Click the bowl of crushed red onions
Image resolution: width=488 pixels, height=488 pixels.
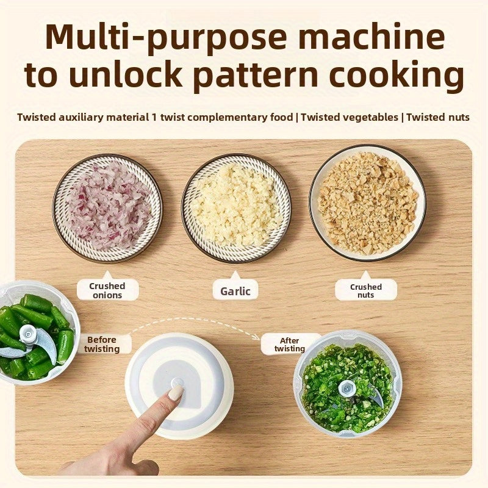(x=107, y=207)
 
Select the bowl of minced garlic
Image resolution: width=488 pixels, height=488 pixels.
(x=236, y=207)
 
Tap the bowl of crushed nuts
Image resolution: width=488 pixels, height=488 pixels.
(x=367, y=203)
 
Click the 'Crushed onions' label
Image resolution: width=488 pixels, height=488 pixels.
(x=107, y=290)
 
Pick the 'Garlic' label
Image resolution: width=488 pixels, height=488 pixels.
(x=235, y=291)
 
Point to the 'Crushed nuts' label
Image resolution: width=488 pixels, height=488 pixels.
(x=366, y=291)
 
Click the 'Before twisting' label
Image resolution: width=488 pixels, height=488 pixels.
(x=102, y=344)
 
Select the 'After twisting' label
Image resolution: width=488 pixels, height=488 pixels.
(x=290, y=345)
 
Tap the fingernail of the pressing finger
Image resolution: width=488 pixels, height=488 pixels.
(x=176, y=392)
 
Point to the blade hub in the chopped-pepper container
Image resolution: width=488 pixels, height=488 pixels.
(x=347, y=386)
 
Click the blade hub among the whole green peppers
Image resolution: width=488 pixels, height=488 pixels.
(x=27, y=334)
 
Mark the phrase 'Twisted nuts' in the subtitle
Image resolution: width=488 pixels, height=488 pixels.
(x=438, y=117)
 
